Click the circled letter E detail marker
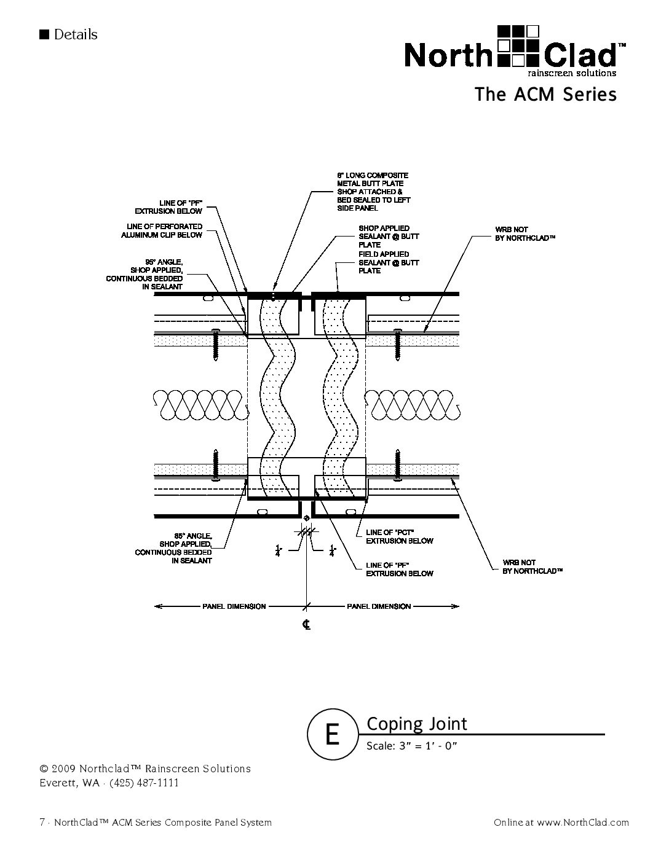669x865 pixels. [x=332, y=734]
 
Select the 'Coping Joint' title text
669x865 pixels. [x=417, y=724]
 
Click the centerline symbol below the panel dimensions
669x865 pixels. [x=306, y=625]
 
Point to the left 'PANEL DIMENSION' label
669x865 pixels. [x=234, y=606]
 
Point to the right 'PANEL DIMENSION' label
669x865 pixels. [x=379, y=606]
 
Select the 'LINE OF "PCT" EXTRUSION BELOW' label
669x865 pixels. [x=400, y=536]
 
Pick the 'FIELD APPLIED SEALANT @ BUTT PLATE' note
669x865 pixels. [x=389, y=262]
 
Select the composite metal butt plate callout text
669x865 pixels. [x=373, y=192]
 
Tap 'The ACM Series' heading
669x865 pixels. [x=545, y=95]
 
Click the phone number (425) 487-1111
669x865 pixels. [x=144, y=783]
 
